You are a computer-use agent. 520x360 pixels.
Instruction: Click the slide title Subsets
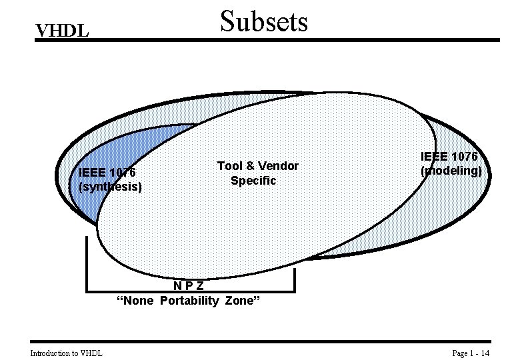click(x=264, y=21)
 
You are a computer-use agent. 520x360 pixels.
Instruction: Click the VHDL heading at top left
click(x=62, y=31)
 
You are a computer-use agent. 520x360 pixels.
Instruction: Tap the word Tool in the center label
click(x=229, y=166)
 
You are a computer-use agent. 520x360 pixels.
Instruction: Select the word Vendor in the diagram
click(x=279, y=166)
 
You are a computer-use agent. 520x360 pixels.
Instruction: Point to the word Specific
click(x=253, y=181)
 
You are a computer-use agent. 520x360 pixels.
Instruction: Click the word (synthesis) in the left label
click(x=110, y=187)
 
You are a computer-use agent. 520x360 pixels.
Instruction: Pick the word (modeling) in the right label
click(x=451, y=171)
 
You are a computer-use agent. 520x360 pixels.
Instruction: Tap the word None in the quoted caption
click(x=135, y=301)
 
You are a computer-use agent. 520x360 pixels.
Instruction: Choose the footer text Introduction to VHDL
click(x=66, y=353)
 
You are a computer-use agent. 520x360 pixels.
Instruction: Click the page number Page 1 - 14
click(x=471, y=353)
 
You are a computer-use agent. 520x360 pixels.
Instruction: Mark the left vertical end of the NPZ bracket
click(x=87, y=263)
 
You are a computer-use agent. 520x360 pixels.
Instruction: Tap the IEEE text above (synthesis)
click(x=91, y=172)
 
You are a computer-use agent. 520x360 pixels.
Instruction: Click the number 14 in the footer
click(x=485, y=353)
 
